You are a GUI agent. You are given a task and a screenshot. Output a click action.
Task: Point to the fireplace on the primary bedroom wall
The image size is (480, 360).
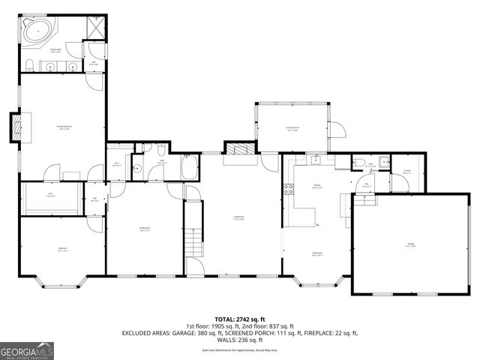[15, 127]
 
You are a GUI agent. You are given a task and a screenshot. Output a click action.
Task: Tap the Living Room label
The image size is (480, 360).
[240, 217]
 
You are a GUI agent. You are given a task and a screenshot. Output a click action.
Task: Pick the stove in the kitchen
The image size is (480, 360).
[286, 190]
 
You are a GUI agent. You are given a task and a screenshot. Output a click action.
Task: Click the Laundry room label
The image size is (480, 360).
[406, 171]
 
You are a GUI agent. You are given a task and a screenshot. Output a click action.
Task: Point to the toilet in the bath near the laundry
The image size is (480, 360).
[360, 163]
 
